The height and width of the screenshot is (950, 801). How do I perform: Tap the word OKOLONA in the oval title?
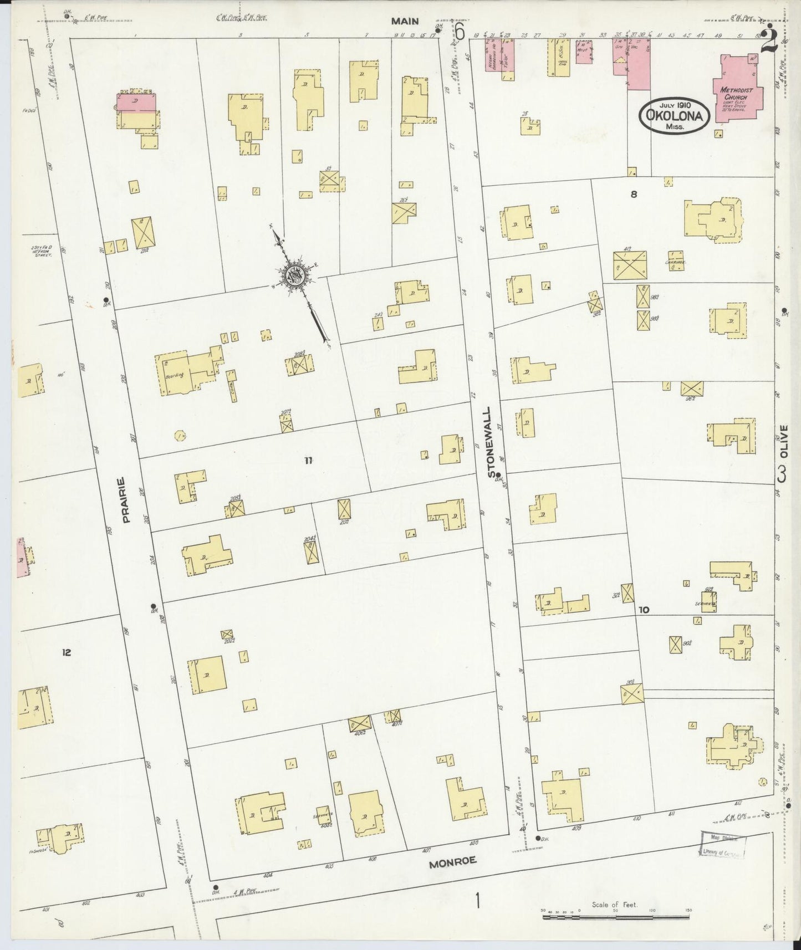point(675,116)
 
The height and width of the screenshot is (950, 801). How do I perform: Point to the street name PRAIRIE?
point(127,500)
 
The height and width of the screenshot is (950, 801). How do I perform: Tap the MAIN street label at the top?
point(405,21)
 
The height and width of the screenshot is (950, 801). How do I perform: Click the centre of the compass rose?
point(293,274)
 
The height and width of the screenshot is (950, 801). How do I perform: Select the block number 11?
point(308,459)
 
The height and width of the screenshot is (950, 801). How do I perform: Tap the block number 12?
point(67,652)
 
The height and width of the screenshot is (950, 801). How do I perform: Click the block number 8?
point(634,194)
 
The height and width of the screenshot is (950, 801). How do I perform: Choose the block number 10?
point(644,610)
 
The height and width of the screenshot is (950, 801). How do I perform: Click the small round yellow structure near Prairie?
point(180,436)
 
